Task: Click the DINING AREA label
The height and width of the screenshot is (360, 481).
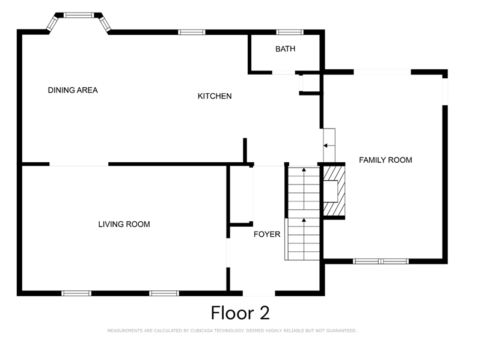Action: coord(73,90)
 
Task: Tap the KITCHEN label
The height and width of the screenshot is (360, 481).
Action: coord(215,96)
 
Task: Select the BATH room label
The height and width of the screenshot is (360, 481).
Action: coord(286,49)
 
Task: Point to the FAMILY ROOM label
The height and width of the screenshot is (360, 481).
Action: coord(385,160)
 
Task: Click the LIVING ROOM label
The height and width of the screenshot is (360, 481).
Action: coord(124,224)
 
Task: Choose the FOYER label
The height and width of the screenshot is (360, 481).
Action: coord(266,234)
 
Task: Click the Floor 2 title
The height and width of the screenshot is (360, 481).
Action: coord(240,313)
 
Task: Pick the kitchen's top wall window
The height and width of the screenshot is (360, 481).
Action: coord(192,32)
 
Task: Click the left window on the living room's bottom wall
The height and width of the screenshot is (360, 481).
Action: coord(76,293)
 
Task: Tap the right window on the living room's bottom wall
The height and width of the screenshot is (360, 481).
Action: coord(164,293)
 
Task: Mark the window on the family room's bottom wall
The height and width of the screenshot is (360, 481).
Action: coord(381,261)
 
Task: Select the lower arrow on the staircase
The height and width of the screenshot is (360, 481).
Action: coord(304,222)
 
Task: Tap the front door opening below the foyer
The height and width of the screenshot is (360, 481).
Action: coord(259,293)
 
